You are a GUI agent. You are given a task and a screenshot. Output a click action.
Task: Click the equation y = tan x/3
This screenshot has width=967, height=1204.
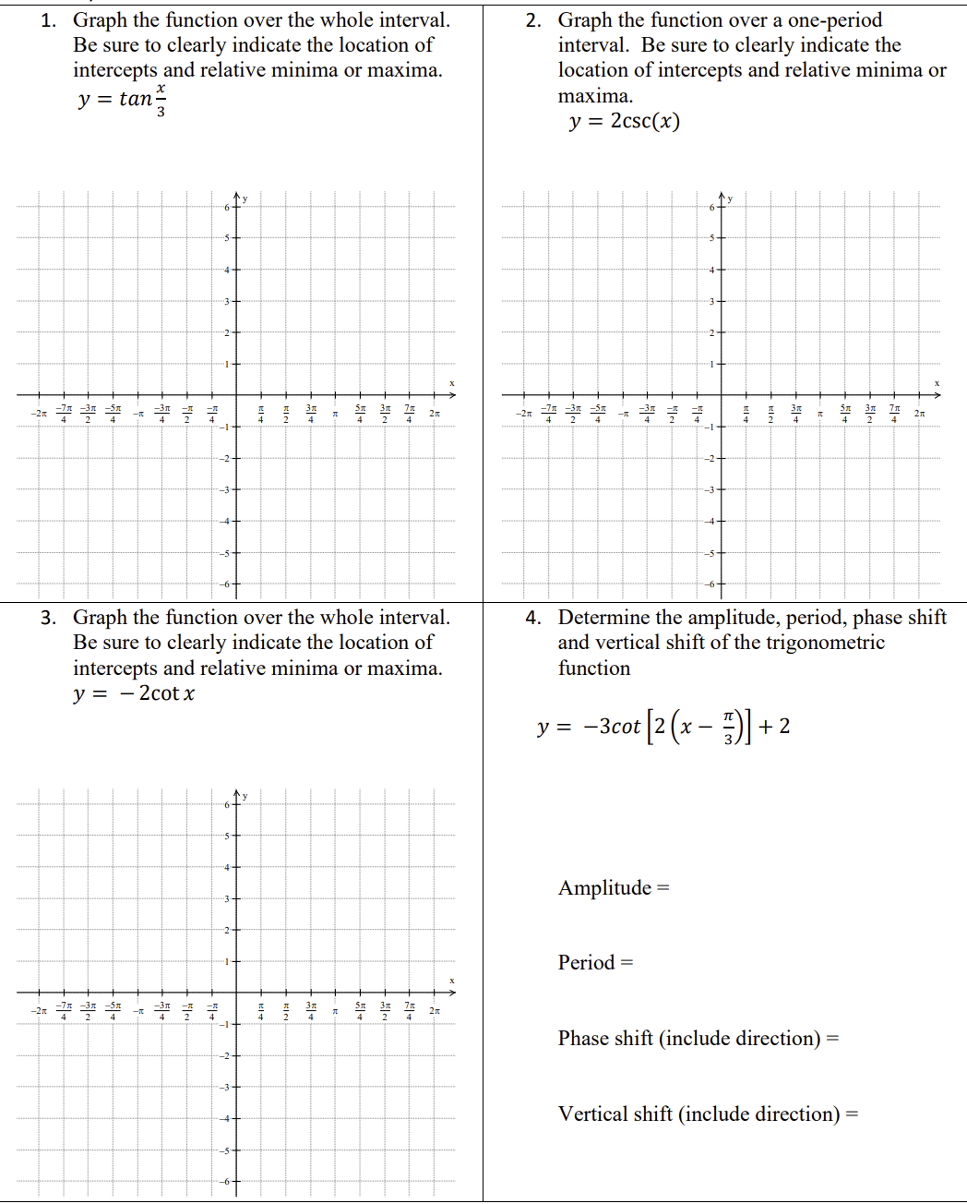pos(122,99)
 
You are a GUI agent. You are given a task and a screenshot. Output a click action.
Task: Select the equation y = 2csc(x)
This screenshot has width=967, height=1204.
pos(625,121)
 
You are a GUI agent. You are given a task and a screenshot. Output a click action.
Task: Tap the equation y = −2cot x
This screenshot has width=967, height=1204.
pos(134,693)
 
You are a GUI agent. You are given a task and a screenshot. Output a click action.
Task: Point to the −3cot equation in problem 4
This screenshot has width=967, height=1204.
pos(663,727)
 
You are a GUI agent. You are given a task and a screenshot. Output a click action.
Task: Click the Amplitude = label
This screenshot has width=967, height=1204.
pos(614,888)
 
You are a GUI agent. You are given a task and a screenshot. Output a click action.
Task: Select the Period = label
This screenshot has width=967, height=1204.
pos(595,963)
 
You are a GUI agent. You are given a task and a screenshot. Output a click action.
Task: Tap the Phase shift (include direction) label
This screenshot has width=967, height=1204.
pos(698,1039)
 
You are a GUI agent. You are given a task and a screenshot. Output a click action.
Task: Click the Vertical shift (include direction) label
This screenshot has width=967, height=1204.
pos(707,1114)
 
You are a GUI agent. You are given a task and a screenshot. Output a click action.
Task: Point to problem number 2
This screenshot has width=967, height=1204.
pos(532,20)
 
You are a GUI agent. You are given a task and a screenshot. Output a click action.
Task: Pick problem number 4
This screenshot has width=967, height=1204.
pos(532,618)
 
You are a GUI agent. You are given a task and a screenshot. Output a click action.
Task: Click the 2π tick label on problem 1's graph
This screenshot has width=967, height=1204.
pos(435,414)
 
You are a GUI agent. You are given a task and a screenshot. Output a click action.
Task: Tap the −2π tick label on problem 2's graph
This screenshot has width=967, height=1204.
pos(523,414)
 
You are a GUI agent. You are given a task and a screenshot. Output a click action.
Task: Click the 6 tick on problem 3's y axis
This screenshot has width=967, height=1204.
pos(226,805)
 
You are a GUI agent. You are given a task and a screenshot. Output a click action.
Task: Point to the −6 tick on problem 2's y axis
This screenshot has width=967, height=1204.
pos(710,584)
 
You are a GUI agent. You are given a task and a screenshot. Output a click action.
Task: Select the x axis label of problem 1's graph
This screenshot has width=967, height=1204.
pos(452,383)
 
